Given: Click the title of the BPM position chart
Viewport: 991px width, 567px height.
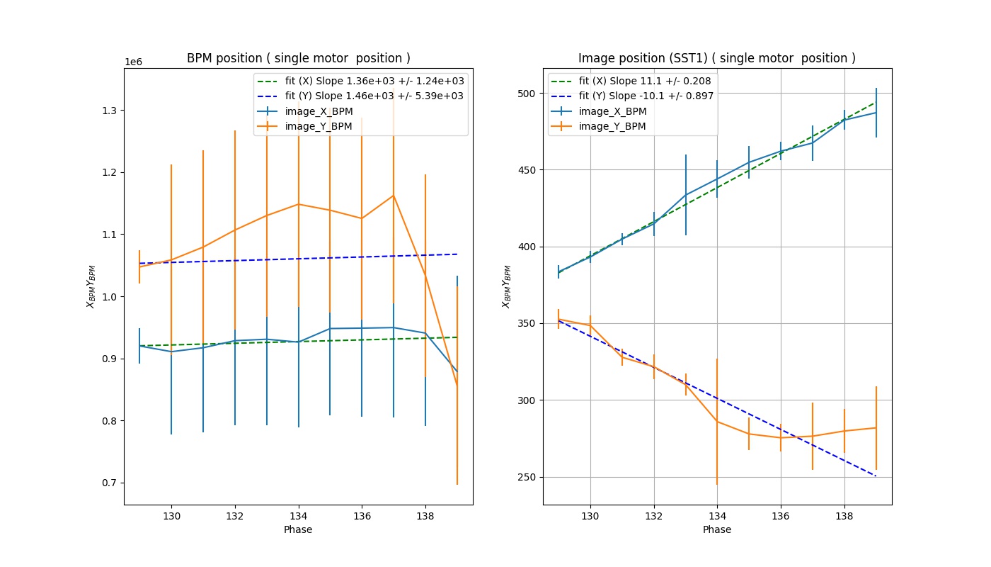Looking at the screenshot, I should (x=298, y=58).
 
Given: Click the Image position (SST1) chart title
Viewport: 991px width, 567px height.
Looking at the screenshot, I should (x=716, y=58).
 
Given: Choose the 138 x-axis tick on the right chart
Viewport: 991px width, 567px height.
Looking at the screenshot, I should (x=844, y=517).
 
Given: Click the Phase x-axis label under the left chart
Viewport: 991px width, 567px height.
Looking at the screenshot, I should (x=298, y=529).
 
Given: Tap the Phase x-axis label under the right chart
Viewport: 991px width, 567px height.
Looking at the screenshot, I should (x=716, y=529).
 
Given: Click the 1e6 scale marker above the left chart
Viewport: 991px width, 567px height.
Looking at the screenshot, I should (x=133, y=62).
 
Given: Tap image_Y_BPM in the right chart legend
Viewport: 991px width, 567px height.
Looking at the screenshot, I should (x=612, y=126).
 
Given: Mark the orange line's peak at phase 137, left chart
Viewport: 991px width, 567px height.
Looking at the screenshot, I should (x=393, y=196).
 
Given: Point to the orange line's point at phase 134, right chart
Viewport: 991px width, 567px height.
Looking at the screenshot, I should (x=717, y=422).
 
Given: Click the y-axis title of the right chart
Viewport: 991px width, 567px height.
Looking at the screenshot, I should (x=506, y=286).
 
